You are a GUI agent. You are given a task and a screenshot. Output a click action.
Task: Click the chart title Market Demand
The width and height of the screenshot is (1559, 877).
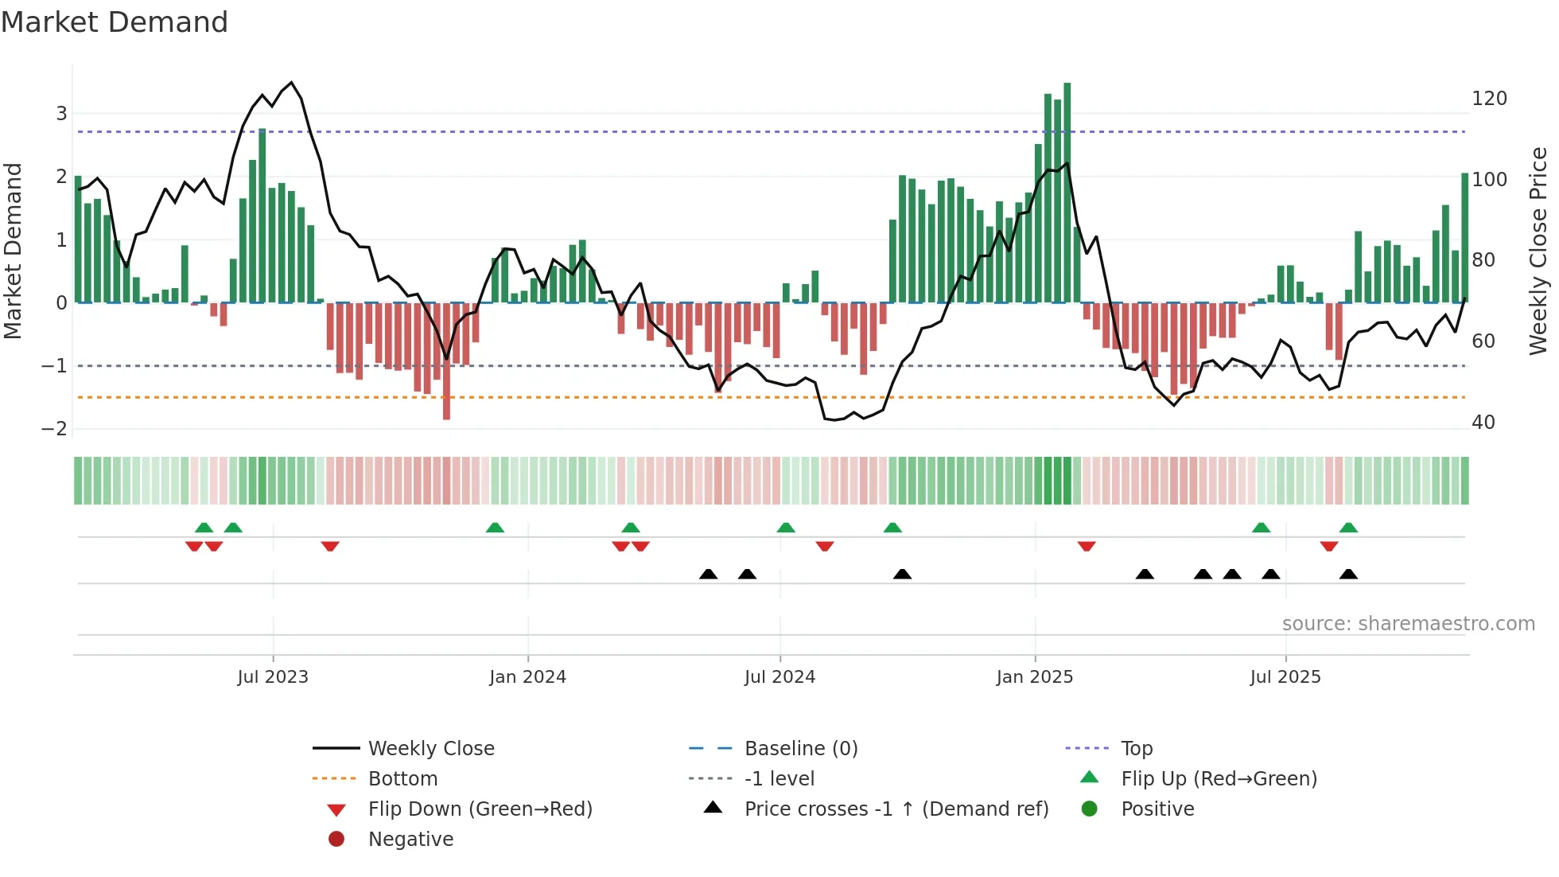click(x=115, y=22)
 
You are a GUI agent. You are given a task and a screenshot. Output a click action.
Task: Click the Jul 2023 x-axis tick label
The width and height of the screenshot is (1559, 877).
click(x=272, y=677)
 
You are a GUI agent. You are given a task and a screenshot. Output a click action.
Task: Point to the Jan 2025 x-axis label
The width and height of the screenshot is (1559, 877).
click(x=1034, y=677)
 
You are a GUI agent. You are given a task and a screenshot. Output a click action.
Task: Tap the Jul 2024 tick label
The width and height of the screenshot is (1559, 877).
click(x=779, y=677)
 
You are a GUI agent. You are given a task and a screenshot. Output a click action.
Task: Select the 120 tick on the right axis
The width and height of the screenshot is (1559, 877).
click(x=1489, y=99)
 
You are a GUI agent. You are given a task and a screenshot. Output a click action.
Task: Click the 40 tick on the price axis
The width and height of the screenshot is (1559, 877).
click(x=1483, y=423)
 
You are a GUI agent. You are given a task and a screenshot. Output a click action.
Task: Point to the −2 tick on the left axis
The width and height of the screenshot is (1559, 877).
click(x=55, y=429)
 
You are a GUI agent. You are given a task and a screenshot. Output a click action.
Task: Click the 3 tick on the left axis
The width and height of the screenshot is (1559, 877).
click(x=61, y=114)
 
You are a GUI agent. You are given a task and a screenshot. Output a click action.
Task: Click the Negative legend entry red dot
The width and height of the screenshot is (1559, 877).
click(x=336, y=840)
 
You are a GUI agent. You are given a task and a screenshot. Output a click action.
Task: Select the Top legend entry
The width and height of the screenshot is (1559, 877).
click(x=1136, y=749)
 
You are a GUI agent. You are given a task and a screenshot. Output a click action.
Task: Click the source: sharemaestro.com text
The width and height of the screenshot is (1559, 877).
click(x=1408, y=624)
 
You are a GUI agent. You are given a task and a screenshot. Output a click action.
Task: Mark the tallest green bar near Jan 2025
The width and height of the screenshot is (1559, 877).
click(x=1067, y=191)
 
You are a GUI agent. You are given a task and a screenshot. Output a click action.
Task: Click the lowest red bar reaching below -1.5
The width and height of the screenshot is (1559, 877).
click(x=446, y=362)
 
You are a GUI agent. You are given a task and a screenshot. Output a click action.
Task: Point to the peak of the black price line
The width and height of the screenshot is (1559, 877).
click(x=292, y=83)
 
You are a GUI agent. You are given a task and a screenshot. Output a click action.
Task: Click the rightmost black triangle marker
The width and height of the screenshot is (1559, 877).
click(x=1348, y=575)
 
